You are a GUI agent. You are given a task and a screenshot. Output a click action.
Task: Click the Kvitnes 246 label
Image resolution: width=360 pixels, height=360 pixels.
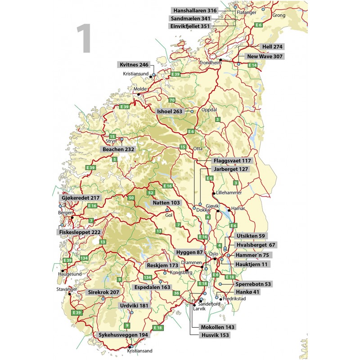click(x=134, y=64)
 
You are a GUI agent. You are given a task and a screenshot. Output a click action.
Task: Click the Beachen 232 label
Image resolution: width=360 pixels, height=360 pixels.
click(x=117, y=149)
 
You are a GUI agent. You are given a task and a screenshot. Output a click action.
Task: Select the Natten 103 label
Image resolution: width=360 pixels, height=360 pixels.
click(x=166, y=203)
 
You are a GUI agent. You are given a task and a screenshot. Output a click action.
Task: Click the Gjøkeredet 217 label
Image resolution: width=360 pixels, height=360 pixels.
click(x=80, y=198)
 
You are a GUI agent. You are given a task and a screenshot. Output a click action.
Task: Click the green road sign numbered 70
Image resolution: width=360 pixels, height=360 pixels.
click(x=171, y=99)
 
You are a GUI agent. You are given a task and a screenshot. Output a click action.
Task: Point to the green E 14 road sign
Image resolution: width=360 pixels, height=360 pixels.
click(x=253, y=66)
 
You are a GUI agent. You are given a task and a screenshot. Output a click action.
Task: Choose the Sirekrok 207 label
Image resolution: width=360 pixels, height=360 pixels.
click(x=103, y=292)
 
